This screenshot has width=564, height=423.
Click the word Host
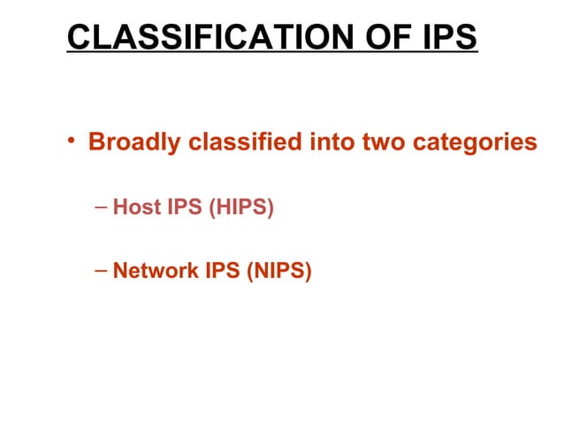point(136,210)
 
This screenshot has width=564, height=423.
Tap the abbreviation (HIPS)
point(241,210)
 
